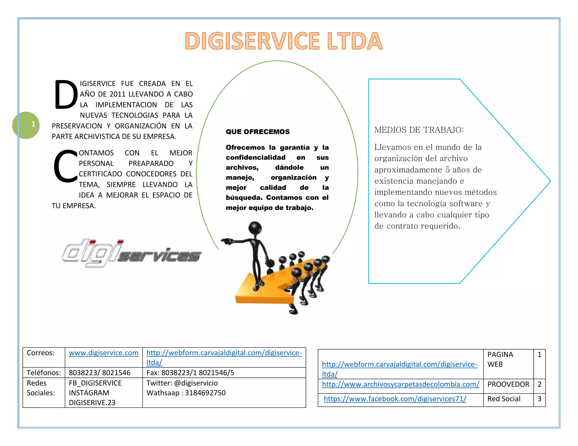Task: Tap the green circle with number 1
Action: click(26, 125)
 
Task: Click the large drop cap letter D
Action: click(66, 94)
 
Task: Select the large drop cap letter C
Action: click(65, 166)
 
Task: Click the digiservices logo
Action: click(131, 253)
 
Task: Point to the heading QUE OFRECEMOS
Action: click(257, 132)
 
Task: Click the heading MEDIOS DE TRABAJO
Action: click(419, 130)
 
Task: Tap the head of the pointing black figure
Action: click(255, 228)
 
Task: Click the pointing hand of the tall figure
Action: click(226, 241)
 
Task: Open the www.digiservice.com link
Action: click(104, 353)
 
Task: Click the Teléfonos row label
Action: click(44, 373)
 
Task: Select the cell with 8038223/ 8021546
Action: click(100, 373)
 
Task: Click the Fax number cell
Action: click(190, 373)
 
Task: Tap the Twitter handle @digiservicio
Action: click(182, 383)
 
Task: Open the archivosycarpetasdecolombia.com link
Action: click(400, 384)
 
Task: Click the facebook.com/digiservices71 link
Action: click(395, 399)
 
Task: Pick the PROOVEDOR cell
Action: click(508, 384)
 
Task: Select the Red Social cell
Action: click(504, 399)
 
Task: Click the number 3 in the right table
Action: click(539, 399)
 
